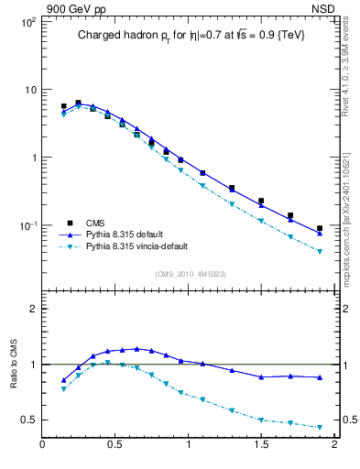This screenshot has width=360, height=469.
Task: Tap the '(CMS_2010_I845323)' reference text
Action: coord(189,273)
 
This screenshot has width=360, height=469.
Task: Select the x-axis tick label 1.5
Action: coord(261,445)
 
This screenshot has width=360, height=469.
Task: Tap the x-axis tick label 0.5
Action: coord(115,445)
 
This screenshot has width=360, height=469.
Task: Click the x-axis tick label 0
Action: coord(42,445)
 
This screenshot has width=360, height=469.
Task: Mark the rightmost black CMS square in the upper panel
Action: coord(320,228)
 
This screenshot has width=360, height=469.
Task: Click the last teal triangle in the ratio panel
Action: coord(320,428)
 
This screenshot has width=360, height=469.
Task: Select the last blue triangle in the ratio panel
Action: coord(320,377)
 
